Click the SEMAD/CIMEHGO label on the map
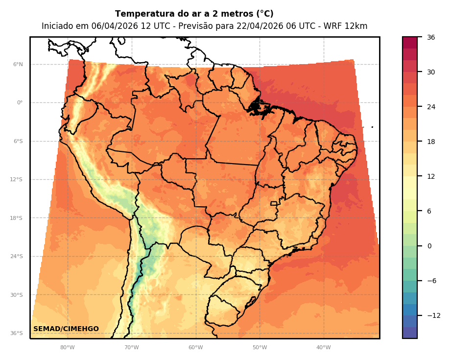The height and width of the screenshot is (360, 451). [66, 329]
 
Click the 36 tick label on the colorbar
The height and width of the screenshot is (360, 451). [431, 37]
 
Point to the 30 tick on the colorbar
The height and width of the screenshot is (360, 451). [431, 72]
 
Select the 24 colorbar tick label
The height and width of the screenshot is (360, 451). [431, 107]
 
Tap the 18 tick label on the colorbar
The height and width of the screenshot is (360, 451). [431, 142]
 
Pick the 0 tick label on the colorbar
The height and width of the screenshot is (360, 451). [429, 246]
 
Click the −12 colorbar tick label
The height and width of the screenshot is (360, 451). [433, 315]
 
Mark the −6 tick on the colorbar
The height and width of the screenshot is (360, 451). [431, 281]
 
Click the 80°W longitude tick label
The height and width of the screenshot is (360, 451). [68, 348]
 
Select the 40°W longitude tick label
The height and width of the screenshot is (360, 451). [323, 348]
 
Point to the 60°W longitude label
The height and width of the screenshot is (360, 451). [195, 348]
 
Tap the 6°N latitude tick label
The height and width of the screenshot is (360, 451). [18, 64]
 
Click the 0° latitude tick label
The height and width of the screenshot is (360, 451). [20, 103]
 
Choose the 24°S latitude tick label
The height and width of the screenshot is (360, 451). [17, 256]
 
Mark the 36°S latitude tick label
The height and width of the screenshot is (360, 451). [17, 333]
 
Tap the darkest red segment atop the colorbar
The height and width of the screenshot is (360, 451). [410, 42]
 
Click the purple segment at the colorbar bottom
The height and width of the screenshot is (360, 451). [410, 333]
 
